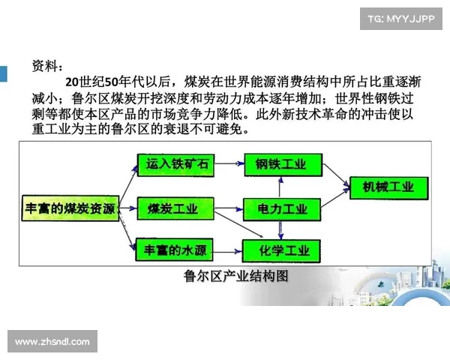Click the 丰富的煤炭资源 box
(67, 208)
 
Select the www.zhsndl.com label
(52, 342)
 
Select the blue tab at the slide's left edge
(3, 73)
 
